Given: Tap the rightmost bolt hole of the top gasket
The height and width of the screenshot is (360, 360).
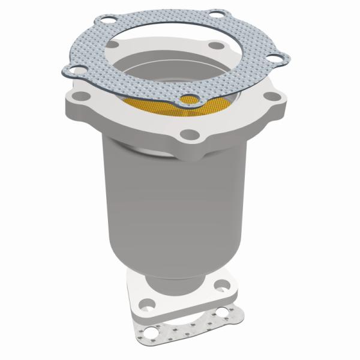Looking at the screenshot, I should tap(275, 59).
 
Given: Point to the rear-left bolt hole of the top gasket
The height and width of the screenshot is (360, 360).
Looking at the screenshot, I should tap(107, 22).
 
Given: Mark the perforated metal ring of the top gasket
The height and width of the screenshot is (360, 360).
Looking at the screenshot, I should tap(90, 54).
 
